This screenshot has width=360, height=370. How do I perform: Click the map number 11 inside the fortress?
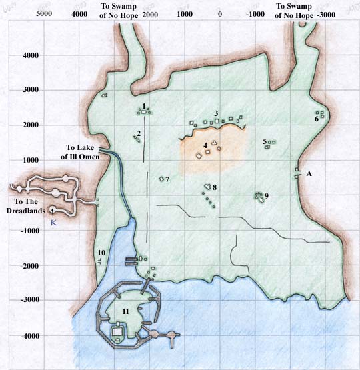tap(126, 311)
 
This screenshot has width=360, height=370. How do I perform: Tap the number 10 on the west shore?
tap(101, 253)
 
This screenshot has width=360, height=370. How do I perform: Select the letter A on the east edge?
tap(309, 173)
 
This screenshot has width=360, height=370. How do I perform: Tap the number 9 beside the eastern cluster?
tap(266, 195)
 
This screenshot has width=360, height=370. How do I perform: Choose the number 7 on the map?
tap(167, 179)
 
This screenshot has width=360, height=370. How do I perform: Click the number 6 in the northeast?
tap(317, 119)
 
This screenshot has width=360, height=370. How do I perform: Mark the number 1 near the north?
tap(144, 106)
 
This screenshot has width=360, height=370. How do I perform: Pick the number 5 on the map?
tap(265, 141)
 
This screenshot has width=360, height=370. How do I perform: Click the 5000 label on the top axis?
tap(45, 14)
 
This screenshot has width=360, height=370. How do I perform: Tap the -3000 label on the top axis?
tap(325, 14)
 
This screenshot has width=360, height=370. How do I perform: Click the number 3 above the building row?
tap(216, 113)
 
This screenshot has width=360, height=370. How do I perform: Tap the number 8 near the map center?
tap(215, 187)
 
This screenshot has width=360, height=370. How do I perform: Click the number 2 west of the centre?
tap(138, 134)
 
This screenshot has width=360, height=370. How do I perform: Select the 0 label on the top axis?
tap(220, 14)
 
